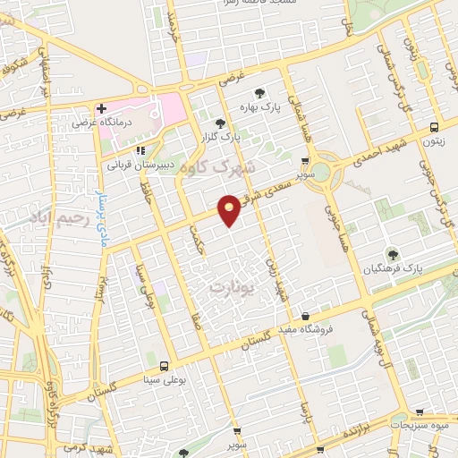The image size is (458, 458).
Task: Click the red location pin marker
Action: tap(229, 208)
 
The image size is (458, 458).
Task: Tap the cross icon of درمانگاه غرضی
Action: tap(102, 109)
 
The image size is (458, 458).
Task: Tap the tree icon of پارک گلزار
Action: tap(221, 123)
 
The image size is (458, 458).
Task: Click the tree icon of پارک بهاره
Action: tap(259, 93)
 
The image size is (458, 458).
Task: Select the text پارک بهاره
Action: tap(259, 107)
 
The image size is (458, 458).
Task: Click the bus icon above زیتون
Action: tap(433, 127)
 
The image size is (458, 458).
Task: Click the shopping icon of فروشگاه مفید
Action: tap(306, 316)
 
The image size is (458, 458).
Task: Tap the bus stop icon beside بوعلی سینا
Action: tap(164, 365)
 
